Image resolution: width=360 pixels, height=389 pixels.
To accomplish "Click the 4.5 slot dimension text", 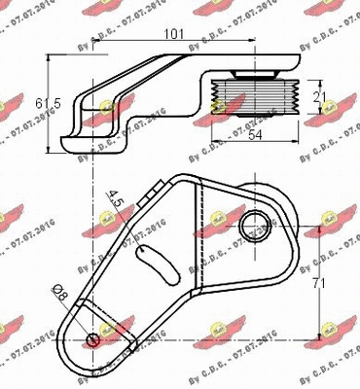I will [118, 202].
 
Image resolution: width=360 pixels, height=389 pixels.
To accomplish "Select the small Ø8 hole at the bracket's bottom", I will [92, 339].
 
